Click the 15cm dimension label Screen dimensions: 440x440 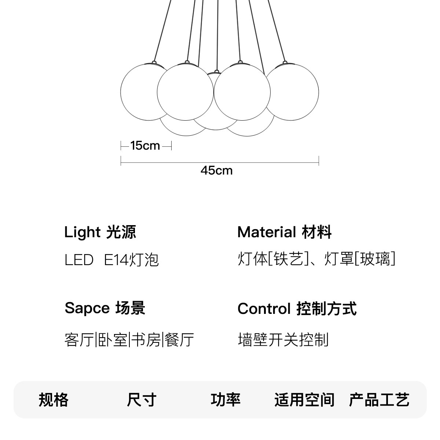[145, 146]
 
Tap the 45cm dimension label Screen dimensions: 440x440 [216, 170]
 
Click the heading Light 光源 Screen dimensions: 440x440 [100, 232]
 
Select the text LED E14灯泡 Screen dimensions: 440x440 [111, 260]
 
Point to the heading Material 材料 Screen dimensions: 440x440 [285, 232]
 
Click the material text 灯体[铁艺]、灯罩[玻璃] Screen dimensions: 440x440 [316, 259]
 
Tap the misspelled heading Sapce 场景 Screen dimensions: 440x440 [105, 308]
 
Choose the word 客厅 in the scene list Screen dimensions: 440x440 [79, 340]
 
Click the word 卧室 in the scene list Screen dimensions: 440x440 [112, 340]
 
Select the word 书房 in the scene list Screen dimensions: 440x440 [146, 340]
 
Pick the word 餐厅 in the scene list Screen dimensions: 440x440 [179, 340]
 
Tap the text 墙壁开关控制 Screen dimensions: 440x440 [283, 340]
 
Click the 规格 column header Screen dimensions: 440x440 [54, 400]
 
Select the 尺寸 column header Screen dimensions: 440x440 [142, 400]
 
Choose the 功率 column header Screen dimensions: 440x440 [225, 400]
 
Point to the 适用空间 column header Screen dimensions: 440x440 [304, 400]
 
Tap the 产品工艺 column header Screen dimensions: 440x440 [379, 400]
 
